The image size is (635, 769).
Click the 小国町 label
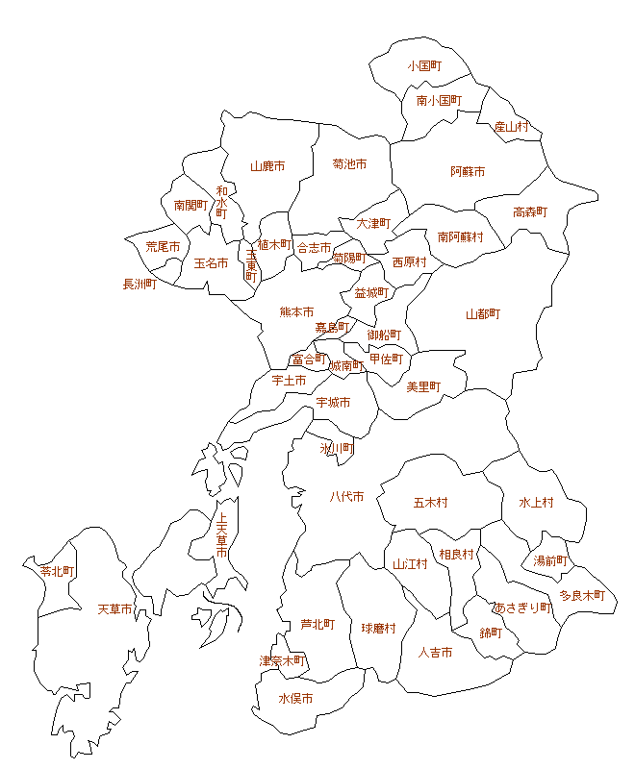coord(423,66)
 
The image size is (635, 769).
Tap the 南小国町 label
coord(439,100)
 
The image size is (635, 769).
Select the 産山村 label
coord(511,126)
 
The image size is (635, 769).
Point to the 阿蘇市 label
coord(468,171)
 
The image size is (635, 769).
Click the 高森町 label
coord(529,212)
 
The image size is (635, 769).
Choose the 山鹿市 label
coord(267,165)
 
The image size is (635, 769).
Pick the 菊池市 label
coord(349,164)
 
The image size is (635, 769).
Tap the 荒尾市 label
coord(163,247)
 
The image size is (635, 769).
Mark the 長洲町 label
coord(140,284)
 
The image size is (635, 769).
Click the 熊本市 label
coord(296,311)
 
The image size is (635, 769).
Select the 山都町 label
coord(483,314)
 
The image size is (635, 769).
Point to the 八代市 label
coord(346,497)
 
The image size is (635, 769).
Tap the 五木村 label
coord(430,502)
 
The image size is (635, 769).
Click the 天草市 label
coord(115,609)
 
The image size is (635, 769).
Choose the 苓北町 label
coord(58,571)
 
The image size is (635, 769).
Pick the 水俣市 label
coord(295,699)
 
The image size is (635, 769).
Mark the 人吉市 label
coord(435,653)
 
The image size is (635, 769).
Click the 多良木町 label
coord(582,596)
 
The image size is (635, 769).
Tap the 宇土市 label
coord(289,381)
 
